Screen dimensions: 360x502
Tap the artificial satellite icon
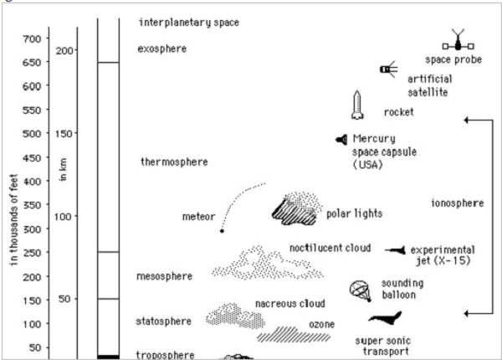pos(387,69)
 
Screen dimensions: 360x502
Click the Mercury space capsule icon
pos(341,139)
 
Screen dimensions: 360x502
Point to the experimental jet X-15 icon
pos(396,249)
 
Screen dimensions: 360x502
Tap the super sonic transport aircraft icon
pos(387,319)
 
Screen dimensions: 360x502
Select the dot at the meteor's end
pos(222,230)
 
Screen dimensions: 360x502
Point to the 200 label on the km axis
pos(64,50)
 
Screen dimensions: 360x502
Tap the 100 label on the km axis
pos(64,216)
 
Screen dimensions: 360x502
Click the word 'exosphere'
pos(161,49)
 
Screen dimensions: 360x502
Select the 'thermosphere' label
pos(173,162)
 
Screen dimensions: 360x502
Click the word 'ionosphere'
pos(458,203)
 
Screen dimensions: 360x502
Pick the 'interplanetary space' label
pos(189,22)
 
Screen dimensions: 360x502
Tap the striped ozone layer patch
pos(294,337)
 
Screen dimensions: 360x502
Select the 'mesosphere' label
pos(164,275)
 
